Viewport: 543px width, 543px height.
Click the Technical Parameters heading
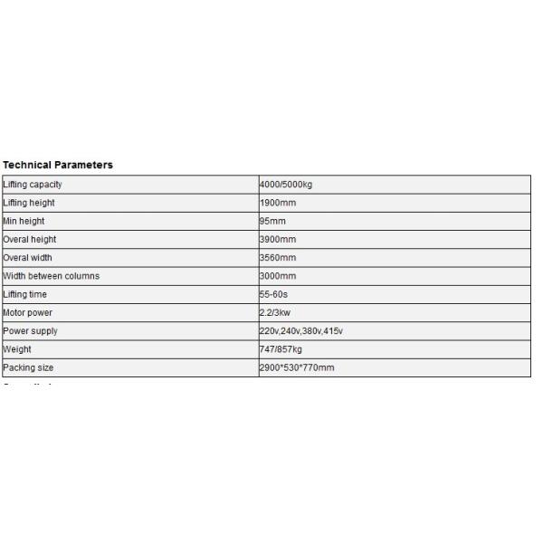click(58, 165)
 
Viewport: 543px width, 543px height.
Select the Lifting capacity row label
click(33, 185)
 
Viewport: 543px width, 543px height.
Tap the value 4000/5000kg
click(286, 185)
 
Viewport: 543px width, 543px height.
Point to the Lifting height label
click(29, 203)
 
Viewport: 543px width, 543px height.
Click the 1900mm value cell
click(278, 203)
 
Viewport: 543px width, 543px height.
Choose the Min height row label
click(24, 221)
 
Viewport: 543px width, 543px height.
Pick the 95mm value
click(272, 221)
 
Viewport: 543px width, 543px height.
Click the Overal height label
click(30, 240)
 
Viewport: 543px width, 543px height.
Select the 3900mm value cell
click(278, 240)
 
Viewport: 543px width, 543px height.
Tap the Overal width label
click(28, 258)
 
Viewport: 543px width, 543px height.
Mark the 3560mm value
click(278, 258)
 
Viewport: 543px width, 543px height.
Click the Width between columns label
click(52, 276)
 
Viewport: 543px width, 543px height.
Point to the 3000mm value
click(278, 276)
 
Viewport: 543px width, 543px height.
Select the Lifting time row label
click(25, 294)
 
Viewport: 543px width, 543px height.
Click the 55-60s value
click(273, 294)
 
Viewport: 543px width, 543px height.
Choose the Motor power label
click(27, 313)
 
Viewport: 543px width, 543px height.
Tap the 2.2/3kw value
click(275, 313)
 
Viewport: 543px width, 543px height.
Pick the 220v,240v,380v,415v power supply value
click(300, 331)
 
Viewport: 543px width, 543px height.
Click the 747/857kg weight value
click(281, 349)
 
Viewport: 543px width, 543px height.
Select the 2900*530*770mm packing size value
click(297, 367)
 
